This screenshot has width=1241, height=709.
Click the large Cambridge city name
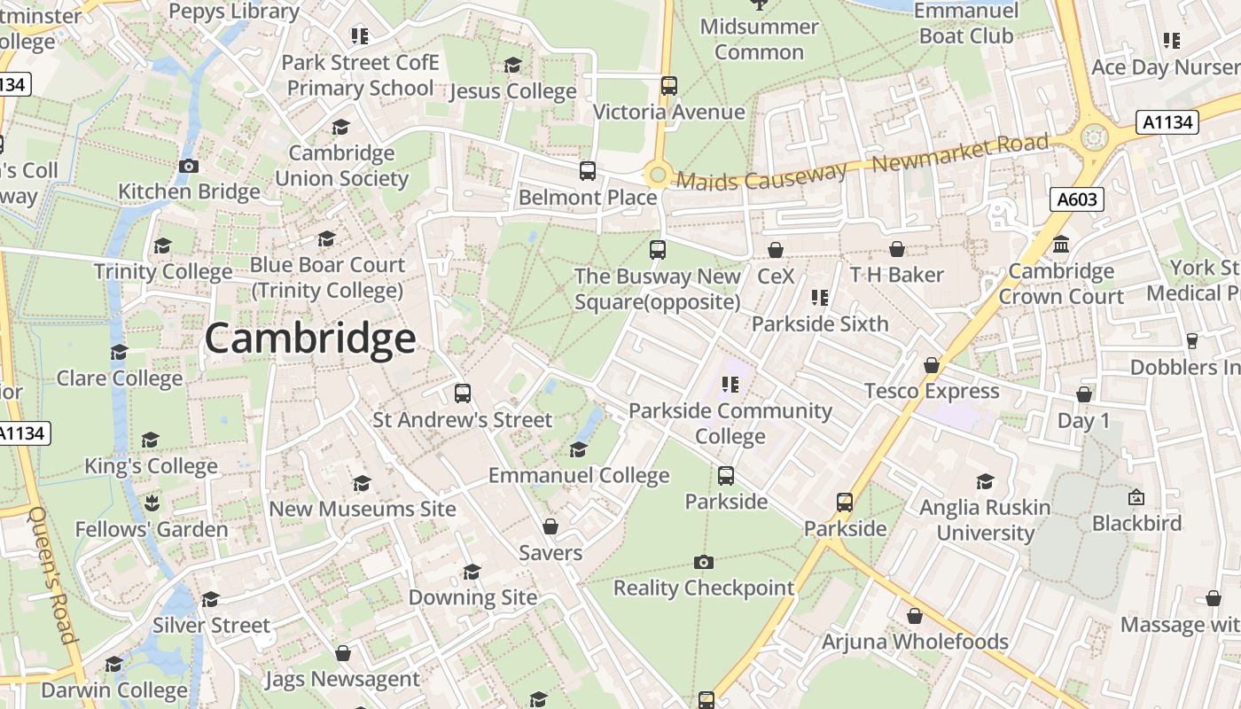tap(310, 339)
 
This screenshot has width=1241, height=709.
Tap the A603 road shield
tap(1078, 199)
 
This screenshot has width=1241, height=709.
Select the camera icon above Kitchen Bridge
tap(188, 166)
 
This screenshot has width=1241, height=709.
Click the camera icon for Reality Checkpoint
tap(704, 562)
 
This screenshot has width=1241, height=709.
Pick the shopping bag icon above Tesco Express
tap(931, 365)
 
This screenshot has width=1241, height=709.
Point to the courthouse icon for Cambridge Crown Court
tap(1061, 245)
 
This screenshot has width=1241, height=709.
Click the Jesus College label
tap(513, 91)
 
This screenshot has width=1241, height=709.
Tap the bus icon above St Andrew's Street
tap(462, 393)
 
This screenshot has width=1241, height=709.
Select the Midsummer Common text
tap(759, 39)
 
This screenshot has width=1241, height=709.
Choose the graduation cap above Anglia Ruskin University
tap(985, 481)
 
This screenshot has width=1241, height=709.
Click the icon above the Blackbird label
tap(1136, 497)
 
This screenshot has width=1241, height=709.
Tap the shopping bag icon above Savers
tap(550, 526)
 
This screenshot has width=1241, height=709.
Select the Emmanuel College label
tap(579, 476)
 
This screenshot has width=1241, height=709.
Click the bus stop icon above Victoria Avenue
tap(669, 86)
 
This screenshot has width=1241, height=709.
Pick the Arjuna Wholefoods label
tap(915, 642)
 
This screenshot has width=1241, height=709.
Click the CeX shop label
tap(776, 276)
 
